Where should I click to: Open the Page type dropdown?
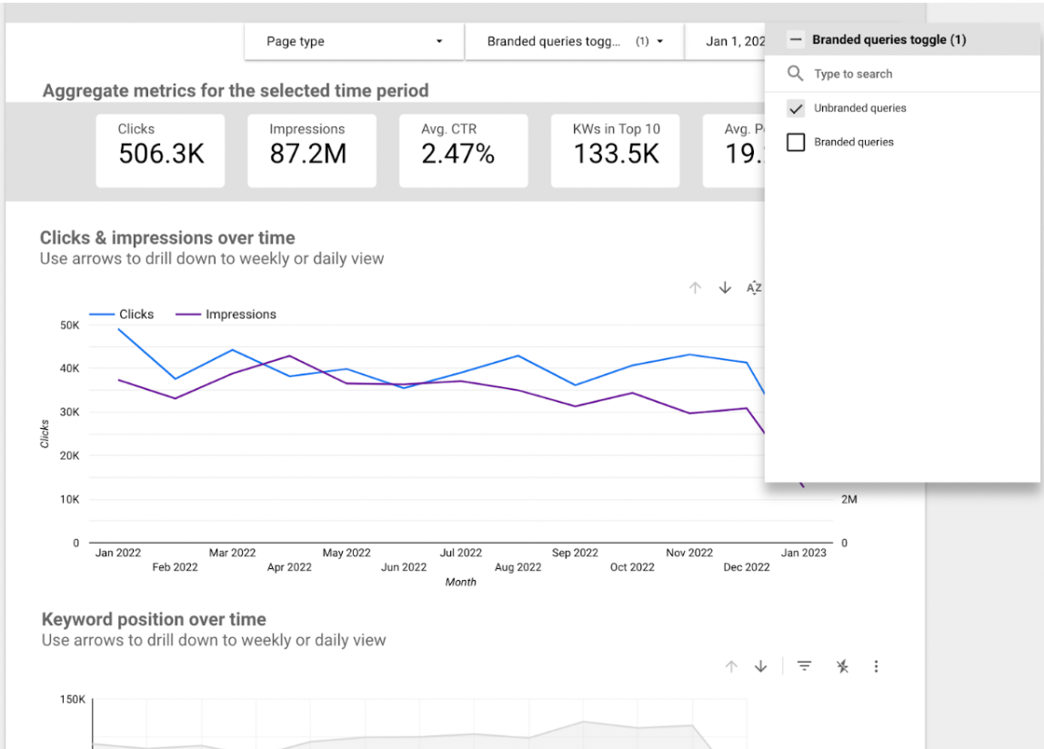[x=354, y=42]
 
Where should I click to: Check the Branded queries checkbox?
[x=796, y=142]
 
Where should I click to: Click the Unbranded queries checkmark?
[x=796, y=108]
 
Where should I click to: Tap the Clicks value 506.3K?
[x=161, y=155]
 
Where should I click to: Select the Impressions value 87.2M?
[x=307, y=155]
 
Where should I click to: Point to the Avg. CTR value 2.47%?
[x=457, y=155]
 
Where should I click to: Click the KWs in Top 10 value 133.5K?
[x=616, y=155]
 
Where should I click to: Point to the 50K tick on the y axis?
[x=69, y=325]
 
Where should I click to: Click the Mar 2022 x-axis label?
[x=232, y=553]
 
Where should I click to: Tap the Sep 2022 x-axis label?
[x=575, y=553]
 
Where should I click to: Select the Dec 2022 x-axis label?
[x=746, y=567]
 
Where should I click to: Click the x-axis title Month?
[x=461, y=583]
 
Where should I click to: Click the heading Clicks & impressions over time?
[x=167, y=238]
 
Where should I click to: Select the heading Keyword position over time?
[x=154, y=620]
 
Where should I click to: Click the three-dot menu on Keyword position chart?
[x=876, y=666]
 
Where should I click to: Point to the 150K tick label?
[x=73, y=700]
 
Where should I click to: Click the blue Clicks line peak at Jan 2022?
[x=119, y=329]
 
